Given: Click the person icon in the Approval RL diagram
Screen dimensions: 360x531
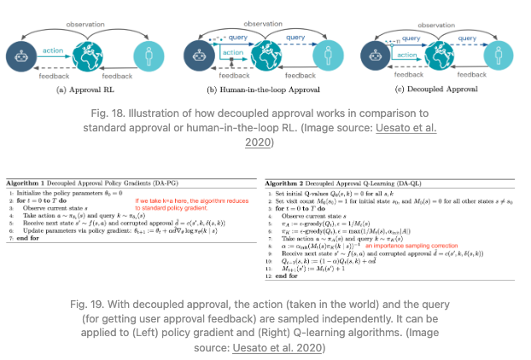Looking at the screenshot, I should point(150,58).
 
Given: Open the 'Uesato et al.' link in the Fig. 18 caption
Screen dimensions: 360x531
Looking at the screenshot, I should point(411,127).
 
